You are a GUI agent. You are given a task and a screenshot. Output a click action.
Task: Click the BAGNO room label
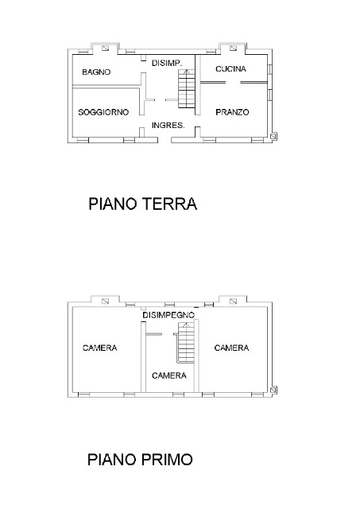click(95, 72)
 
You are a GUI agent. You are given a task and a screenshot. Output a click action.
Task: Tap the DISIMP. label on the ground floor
click(168, 62)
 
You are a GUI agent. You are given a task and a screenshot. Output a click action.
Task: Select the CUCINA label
click(230, 69)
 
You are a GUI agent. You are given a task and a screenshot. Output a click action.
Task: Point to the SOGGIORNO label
click(103, 113)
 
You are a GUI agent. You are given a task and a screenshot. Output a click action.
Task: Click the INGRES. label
click(168, 126)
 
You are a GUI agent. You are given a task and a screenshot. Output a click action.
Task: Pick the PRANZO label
click(232, 113)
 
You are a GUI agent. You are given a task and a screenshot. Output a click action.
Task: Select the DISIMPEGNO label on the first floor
click(168, 316)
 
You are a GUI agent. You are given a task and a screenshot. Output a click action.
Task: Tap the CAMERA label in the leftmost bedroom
click(99, 348)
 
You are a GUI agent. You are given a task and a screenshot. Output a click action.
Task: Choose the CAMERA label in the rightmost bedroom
click(231, 348)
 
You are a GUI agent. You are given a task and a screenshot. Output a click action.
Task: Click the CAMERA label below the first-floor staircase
click(168, 375)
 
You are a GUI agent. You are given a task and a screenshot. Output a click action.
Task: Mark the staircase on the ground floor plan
click(187, 88)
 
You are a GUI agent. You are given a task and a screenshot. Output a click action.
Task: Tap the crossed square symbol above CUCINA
click(233, 46)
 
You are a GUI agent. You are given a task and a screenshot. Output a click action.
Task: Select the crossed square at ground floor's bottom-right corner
click(273, 137)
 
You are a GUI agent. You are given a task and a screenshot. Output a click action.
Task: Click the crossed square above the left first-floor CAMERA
click(106, 301)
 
